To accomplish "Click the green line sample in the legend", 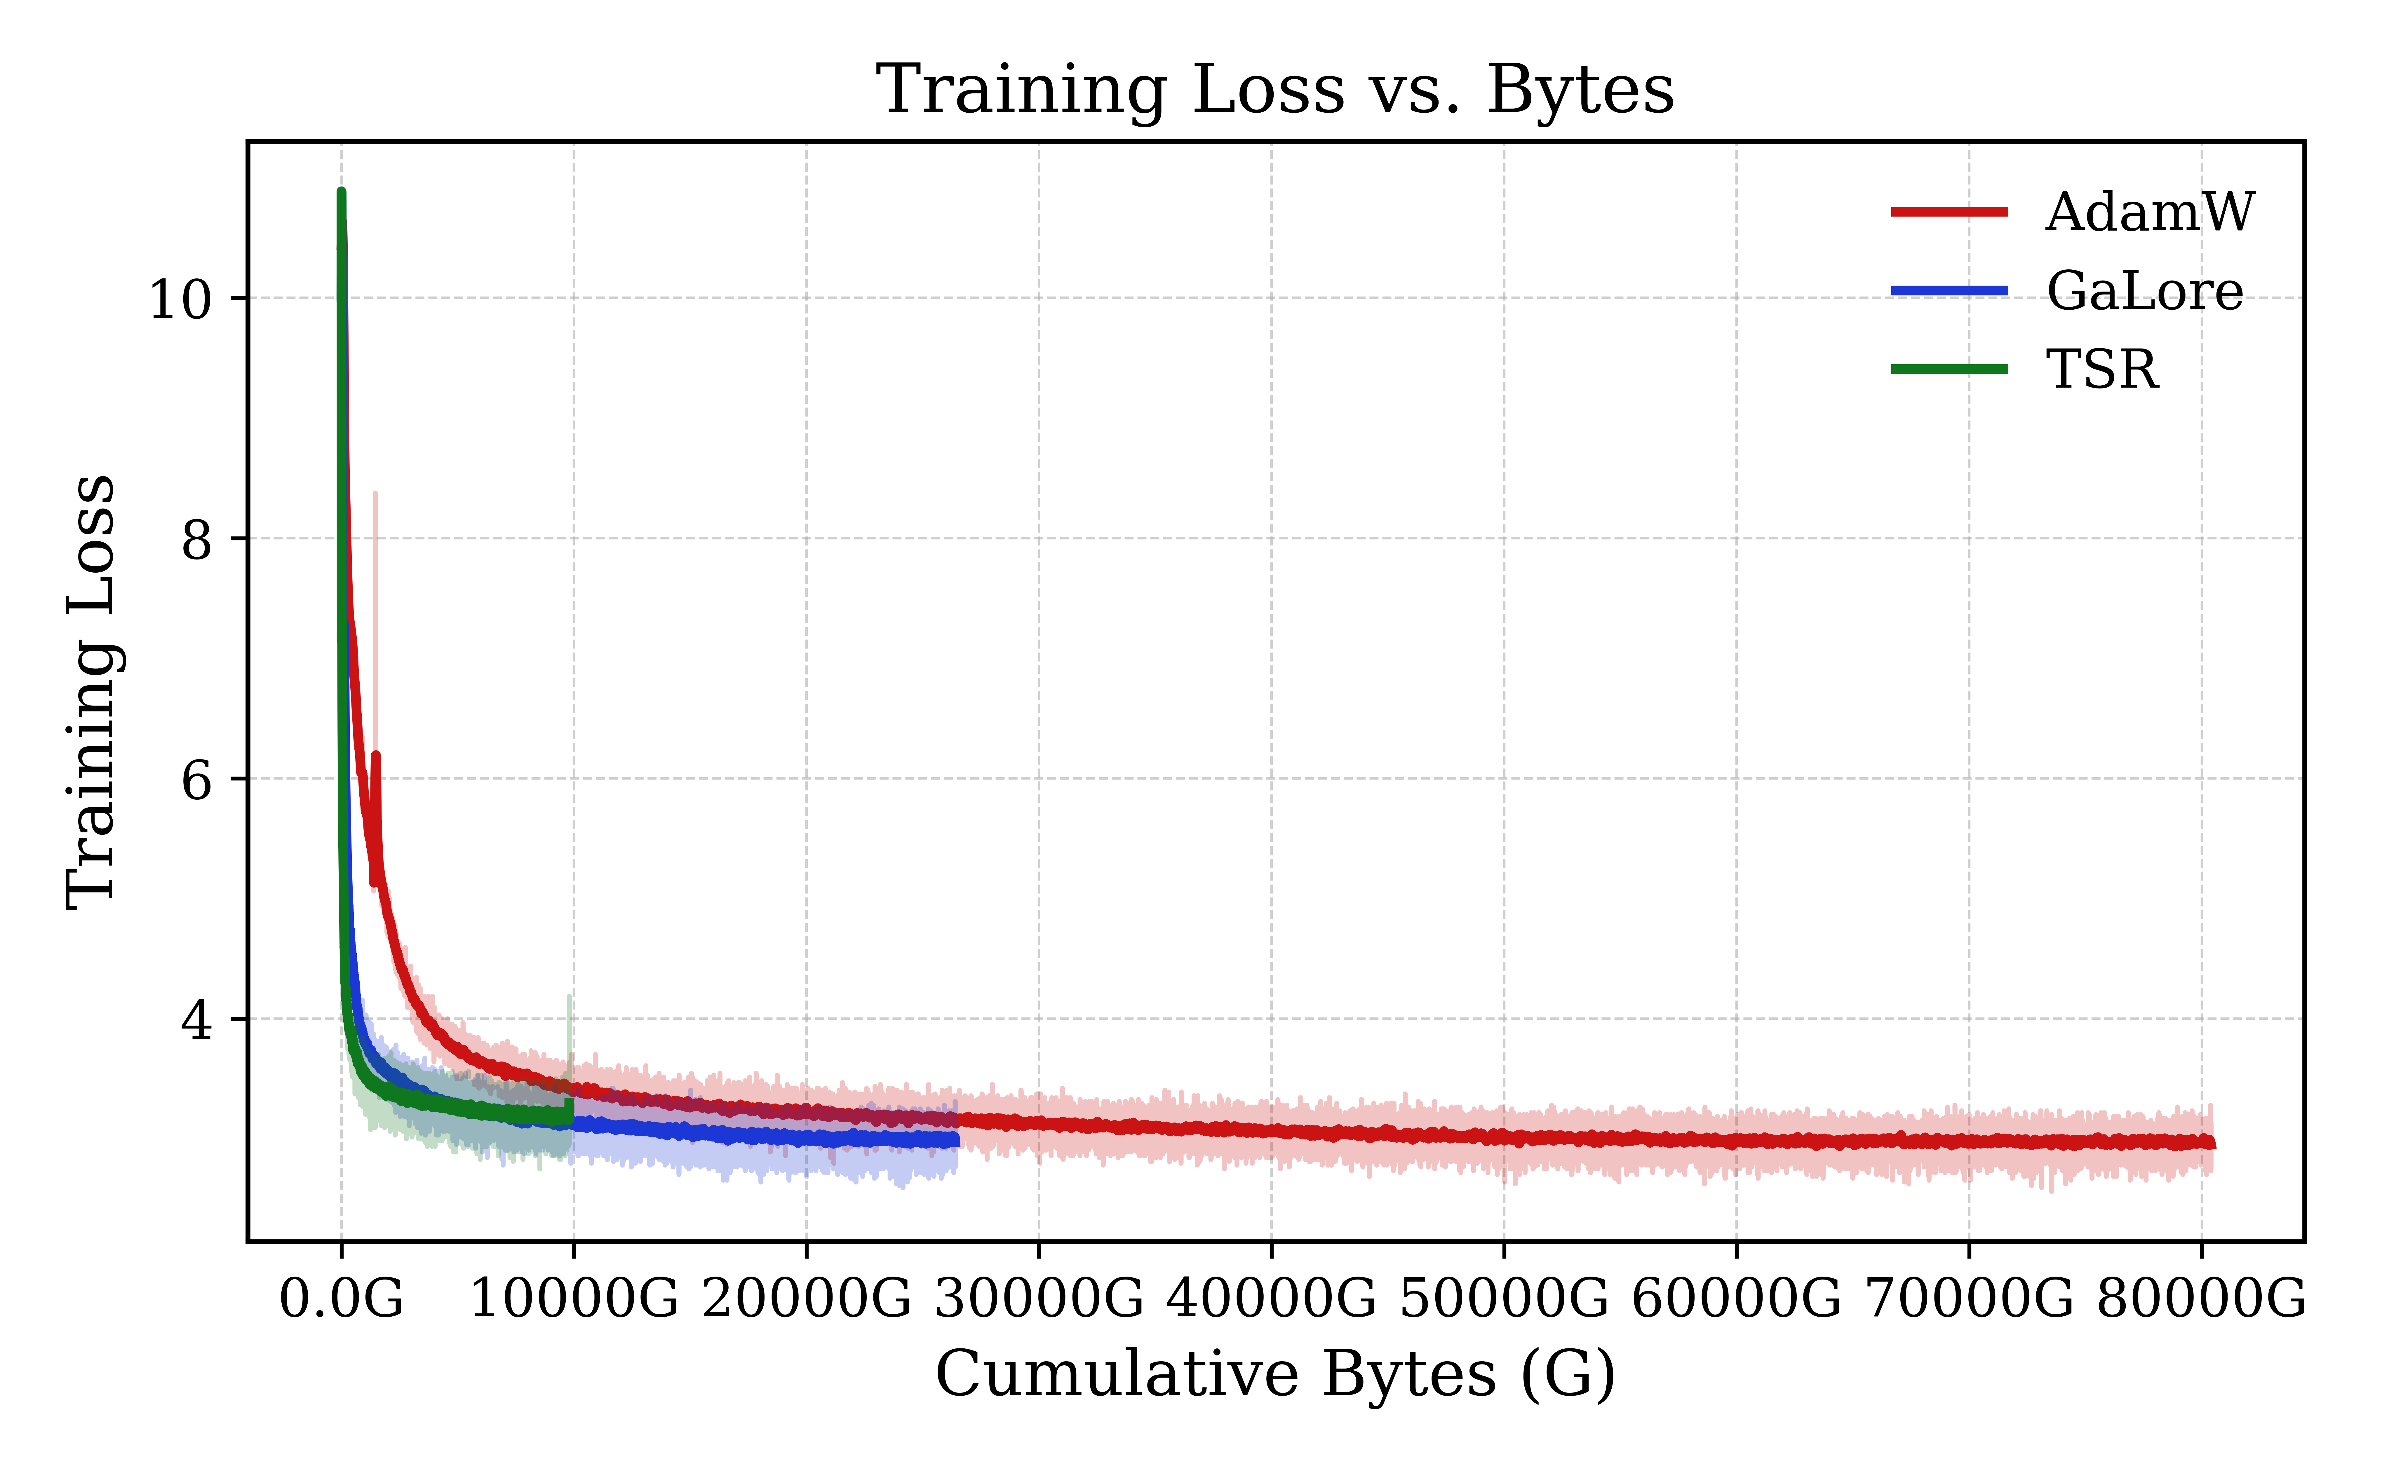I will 1949,369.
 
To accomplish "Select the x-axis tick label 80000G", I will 2201,1299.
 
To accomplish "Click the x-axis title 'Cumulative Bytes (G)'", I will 1275,1375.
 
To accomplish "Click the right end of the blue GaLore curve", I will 955,1139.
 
